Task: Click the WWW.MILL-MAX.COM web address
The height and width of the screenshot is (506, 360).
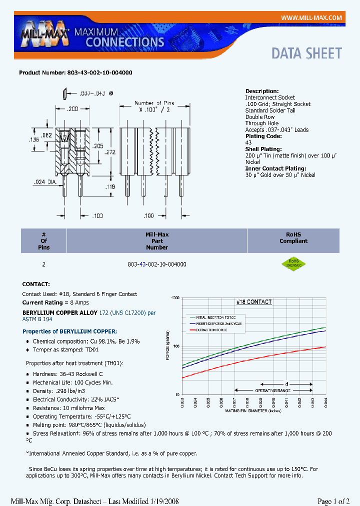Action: coord(311,17)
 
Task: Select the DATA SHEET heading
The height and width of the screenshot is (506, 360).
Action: coord(306,53)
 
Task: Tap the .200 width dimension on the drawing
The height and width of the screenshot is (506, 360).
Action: coord(72,108)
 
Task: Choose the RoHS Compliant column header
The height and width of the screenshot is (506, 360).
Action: coord(293,237)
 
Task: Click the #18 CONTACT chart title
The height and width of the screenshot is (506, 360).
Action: coord(253,301)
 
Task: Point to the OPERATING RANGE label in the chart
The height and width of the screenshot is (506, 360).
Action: coord(273,389)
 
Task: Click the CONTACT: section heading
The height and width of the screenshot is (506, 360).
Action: coord(36,284)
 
